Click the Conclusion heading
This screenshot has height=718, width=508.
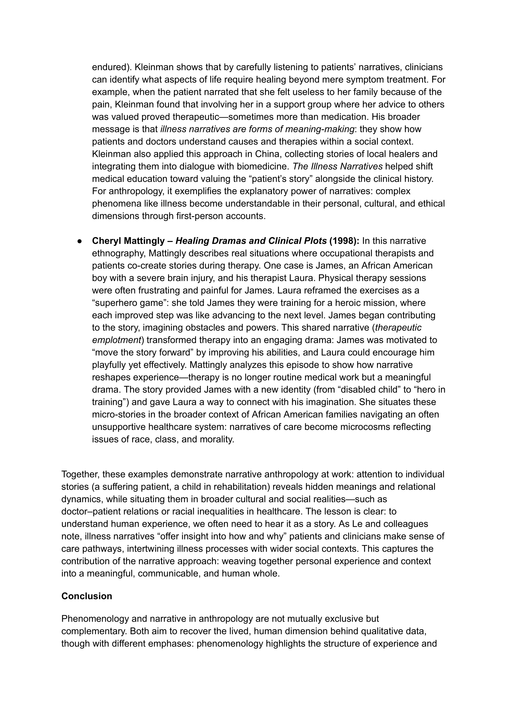tap(87, 596)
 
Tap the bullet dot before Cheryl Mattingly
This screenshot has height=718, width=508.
tap(80, 241)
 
